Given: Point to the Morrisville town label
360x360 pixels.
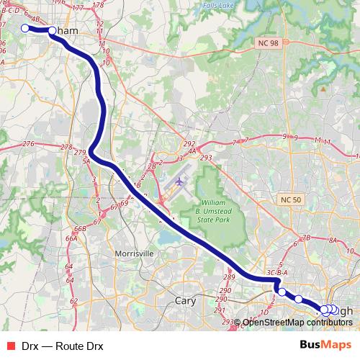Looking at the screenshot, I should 134,253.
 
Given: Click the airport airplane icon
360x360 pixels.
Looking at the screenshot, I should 179,180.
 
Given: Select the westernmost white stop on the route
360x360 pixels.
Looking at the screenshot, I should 24,29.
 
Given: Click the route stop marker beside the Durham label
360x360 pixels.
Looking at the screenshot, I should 52,31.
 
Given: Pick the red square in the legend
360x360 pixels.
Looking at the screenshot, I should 10,346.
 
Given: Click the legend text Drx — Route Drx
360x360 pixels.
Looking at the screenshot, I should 62,346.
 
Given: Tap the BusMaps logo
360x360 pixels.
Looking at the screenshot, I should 325,346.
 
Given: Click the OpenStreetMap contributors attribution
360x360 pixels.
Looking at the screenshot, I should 297,323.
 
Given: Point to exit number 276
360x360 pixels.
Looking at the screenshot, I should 28,145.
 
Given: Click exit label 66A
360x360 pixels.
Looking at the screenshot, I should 71,238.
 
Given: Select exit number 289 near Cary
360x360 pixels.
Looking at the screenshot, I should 230,277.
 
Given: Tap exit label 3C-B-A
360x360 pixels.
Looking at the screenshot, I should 277,274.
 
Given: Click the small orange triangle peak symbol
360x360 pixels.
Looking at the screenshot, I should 325,89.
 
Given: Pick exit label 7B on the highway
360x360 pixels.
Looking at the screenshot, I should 305,237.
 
